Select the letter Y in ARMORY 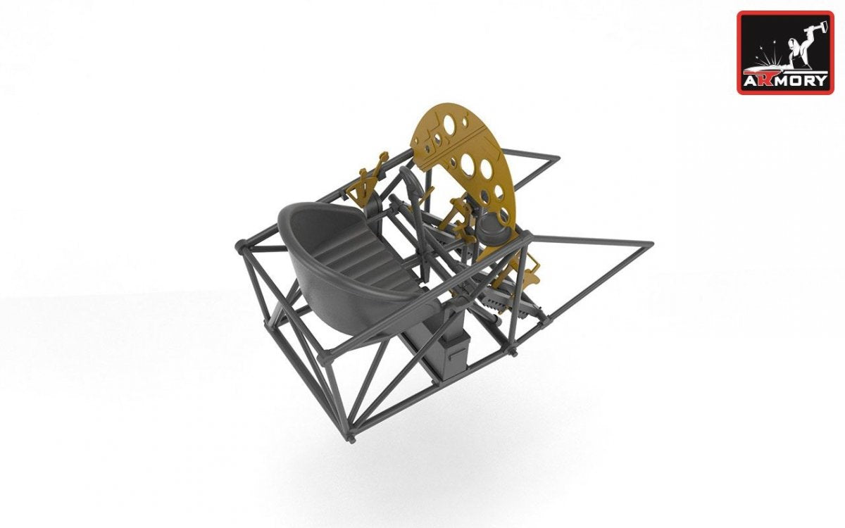820,80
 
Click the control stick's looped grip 411,181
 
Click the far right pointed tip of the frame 651,244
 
